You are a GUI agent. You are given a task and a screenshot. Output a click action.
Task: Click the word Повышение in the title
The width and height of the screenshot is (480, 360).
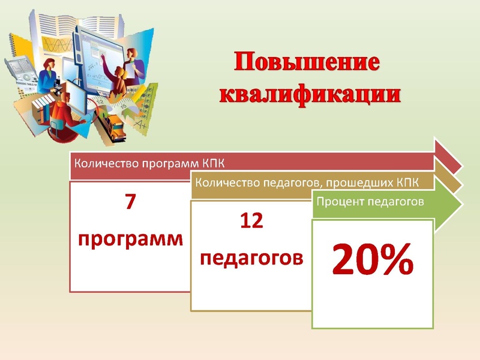coord(307,64)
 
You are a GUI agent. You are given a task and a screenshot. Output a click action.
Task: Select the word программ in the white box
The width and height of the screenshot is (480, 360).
coord(130,239)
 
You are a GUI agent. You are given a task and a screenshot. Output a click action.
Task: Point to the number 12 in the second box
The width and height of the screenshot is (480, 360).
coord(251,221)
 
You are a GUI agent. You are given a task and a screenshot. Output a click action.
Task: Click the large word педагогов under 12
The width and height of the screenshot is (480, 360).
coord(251,258)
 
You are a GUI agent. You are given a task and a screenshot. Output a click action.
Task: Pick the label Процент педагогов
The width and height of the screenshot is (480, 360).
coord(370,202)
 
